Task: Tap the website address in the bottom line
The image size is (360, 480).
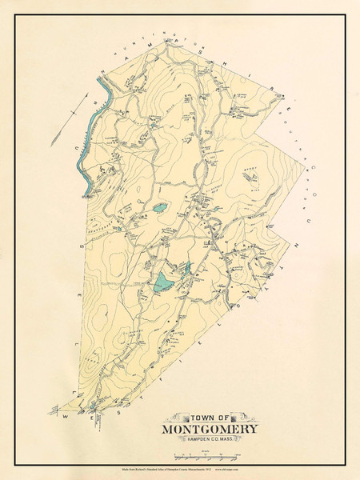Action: (260, 470)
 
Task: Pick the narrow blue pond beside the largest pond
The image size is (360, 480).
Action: (187, 270)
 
